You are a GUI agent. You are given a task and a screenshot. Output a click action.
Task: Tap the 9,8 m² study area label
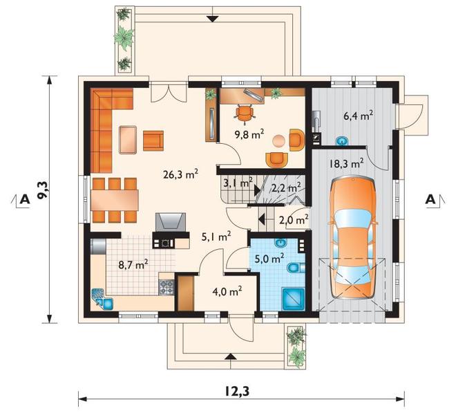(x=249, y=134)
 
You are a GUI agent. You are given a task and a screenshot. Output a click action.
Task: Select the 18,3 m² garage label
(x=346, y=163)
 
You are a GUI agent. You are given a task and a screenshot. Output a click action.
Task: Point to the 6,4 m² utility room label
(x=359, y=116)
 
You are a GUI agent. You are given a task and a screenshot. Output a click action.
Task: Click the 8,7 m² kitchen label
(x=133, y=265)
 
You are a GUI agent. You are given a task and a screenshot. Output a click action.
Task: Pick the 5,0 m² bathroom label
(x=269, y=258)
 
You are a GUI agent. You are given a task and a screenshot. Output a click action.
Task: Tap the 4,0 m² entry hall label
(x=227, y=291)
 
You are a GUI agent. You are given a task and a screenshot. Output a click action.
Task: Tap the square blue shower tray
(x=293, y=298)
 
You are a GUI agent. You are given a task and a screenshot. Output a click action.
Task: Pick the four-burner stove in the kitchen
(x=167, y=287)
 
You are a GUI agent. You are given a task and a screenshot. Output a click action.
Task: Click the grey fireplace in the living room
(x=171, y=222)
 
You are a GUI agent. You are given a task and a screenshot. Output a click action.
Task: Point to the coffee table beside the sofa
(x=128, y=140)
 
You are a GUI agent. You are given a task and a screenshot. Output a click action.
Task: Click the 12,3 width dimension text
(x=237, y=392)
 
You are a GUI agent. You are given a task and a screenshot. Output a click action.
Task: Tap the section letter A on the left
(x=25, y=199)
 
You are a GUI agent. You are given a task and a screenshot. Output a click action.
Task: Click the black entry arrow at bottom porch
(x=230, y=356)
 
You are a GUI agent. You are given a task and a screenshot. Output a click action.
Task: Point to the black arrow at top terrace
(x=213, y=19)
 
